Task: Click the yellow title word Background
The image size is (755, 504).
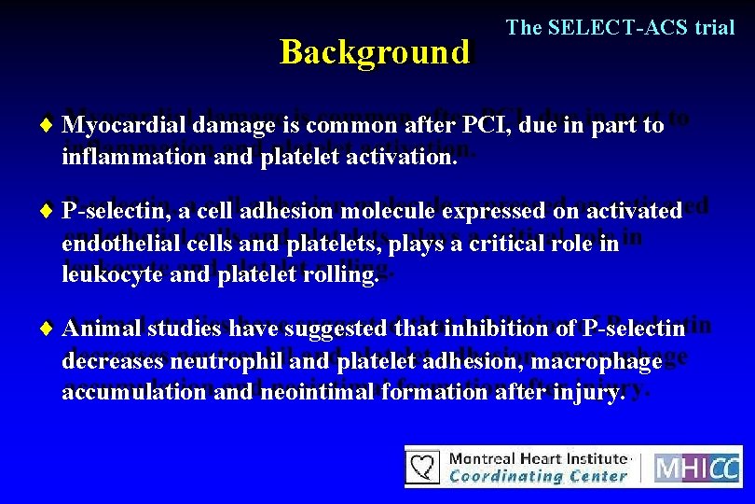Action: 374,52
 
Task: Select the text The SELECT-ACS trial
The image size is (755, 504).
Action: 620,28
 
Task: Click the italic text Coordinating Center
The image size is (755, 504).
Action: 538,476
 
